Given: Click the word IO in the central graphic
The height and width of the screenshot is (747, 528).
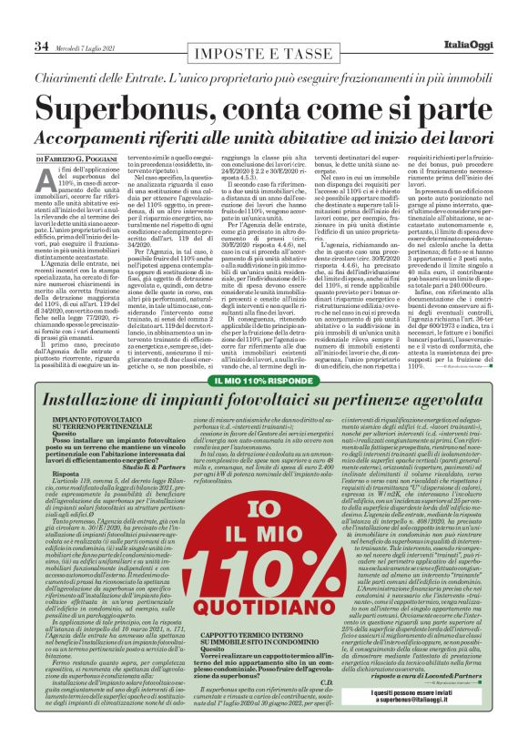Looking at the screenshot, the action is tap(264, 485).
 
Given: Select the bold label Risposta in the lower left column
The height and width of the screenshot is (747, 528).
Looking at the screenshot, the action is tap(67, 475).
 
